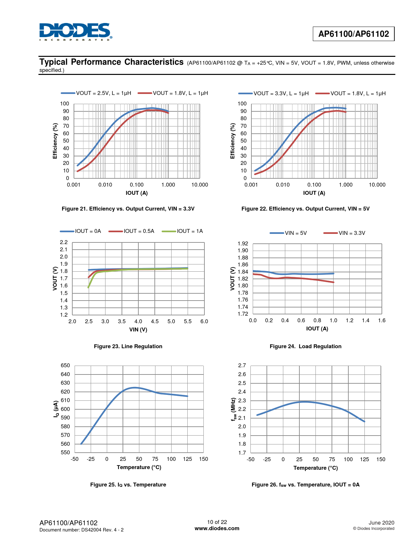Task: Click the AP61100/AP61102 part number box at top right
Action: coord(354,34)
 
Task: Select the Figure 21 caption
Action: coord(128,209)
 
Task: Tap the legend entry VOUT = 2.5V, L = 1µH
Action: coord(96,93)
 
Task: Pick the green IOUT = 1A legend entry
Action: coord(182,231)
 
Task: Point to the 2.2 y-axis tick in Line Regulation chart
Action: coord(64,242)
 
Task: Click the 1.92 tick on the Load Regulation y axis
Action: coord(243,243)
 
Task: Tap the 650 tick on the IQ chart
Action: coord(65,366)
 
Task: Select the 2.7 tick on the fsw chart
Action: coord(242,366)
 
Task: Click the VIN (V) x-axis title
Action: coord(138,329)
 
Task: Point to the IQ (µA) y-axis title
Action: coord(56,409)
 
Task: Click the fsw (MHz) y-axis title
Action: coord(233,409)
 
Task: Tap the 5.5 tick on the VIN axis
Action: coord(188,322)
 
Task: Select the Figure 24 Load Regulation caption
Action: coord(306,346)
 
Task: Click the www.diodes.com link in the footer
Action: coord(217,529)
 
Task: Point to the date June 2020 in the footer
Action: coord(381,523)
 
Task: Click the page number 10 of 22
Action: coord(217,522)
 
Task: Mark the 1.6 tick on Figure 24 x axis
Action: coord(382,321)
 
